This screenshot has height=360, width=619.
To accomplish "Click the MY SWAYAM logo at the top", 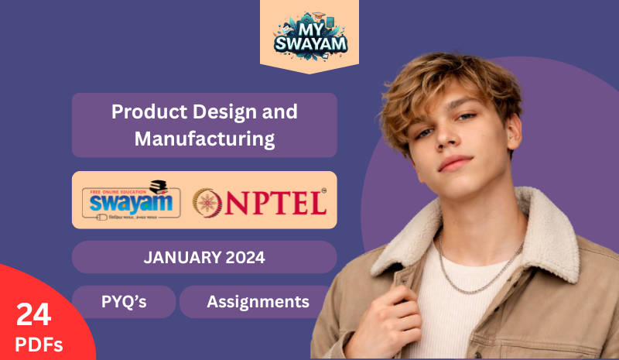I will [x=309, y=35].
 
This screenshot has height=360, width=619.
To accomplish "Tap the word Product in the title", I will [x=144, y=111].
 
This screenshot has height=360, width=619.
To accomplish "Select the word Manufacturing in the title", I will [x=204, y=139].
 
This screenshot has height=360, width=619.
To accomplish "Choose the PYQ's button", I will [x=124, y=302].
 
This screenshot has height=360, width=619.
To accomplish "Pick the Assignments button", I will [x=258, y=302].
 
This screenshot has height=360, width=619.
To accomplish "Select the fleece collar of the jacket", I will [x=542, y=232].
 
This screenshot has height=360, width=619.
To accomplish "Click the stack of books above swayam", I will [x=159, y=186].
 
